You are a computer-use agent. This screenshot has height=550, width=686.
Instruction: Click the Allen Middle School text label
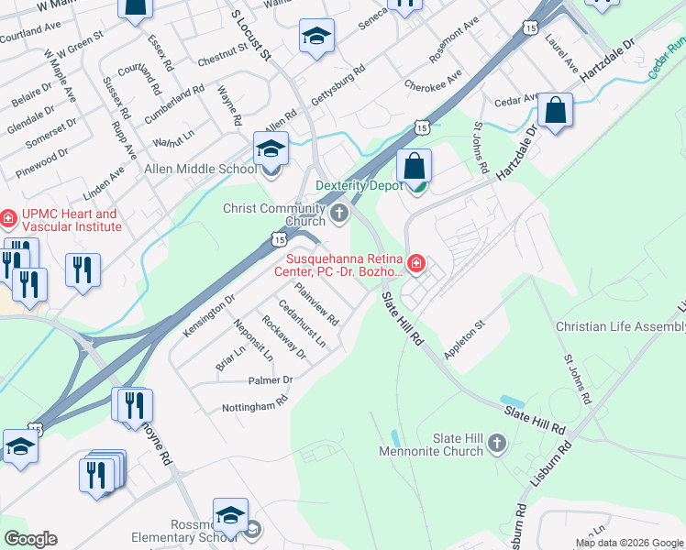pos(201,169)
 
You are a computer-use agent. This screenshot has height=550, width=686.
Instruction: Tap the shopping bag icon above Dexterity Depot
pos(415,167)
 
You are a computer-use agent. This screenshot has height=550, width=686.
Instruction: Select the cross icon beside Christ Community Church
pos(340,214)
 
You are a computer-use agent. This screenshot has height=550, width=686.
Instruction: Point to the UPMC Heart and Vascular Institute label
pos(71,220)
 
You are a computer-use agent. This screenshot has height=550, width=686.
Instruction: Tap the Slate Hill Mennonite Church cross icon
pos(497,445)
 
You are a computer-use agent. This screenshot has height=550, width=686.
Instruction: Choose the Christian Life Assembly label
pos(621,327)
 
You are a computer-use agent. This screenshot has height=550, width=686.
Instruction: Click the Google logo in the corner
pos(30,539)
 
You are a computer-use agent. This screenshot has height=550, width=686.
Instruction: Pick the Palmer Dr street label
pos(270,379)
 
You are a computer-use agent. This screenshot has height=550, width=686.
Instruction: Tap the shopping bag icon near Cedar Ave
pos(556,111)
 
